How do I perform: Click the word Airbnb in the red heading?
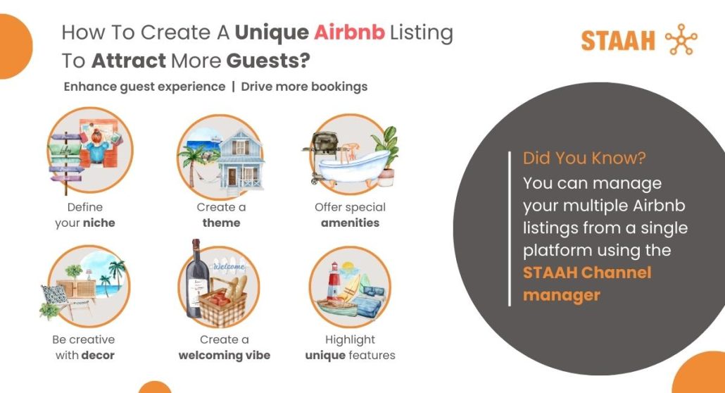(350, 32)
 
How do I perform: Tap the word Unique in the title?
(272, 33)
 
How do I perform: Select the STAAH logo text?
(618, 41)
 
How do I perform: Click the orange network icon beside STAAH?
(681, 39)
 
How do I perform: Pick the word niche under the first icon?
(99, 223)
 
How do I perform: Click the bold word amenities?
(350, 223)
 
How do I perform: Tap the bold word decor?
(98, 356)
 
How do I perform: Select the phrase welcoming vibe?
(225, 356)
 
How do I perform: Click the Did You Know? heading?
(584, 158)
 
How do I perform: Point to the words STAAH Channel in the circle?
(587, 272)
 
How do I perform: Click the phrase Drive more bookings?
(304, 87)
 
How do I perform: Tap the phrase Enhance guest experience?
(144, 87)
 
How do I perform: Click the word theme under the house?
(222, 223)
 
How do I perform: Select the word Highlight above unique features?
(350, 340)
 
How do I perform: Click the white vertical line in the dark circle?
(510, 229)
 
